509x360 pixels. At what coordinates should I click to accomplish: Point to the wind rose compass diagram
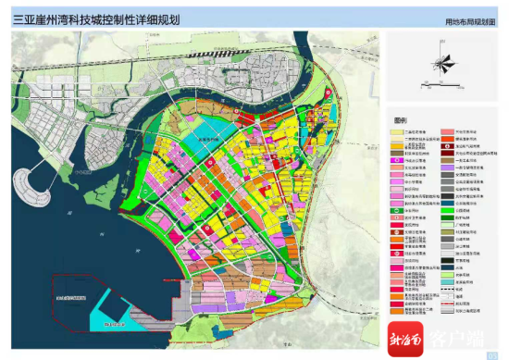click(444, 66)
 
